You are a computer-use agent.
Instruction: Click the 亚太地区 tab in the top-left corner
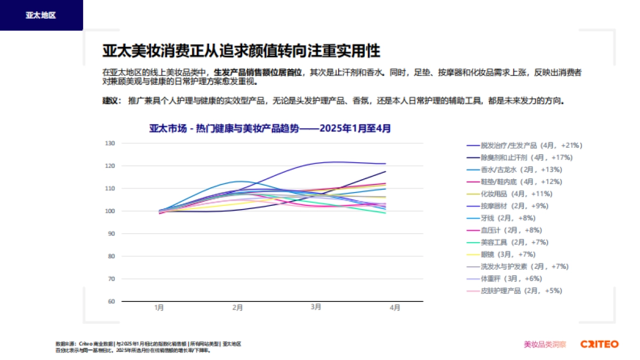(x=41, y=15)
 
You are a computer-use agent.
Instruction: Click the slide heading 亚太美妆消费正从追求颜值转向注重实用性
(x=241, y=51)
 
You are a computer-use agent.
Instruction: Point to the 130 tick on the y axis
(x=110, y=143)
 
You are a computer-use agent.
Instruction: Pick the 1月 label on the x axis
(x=159, y=308)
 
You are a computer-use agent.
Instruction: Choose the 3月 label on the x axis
(x=316, y=307)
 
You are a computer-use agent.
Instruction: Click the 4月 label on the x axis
(x=395, y=308)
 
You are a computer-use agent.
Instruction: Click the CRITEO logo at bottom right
(x=599, y=344)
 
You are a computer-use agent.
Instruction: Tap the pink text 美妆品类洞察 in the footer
(x=545, y=345)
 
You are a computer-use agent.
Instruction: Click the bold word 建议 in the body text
(x=110, y=100)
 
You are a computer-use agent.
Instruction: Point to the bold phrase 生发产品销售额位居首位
(x=258, y=72)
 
